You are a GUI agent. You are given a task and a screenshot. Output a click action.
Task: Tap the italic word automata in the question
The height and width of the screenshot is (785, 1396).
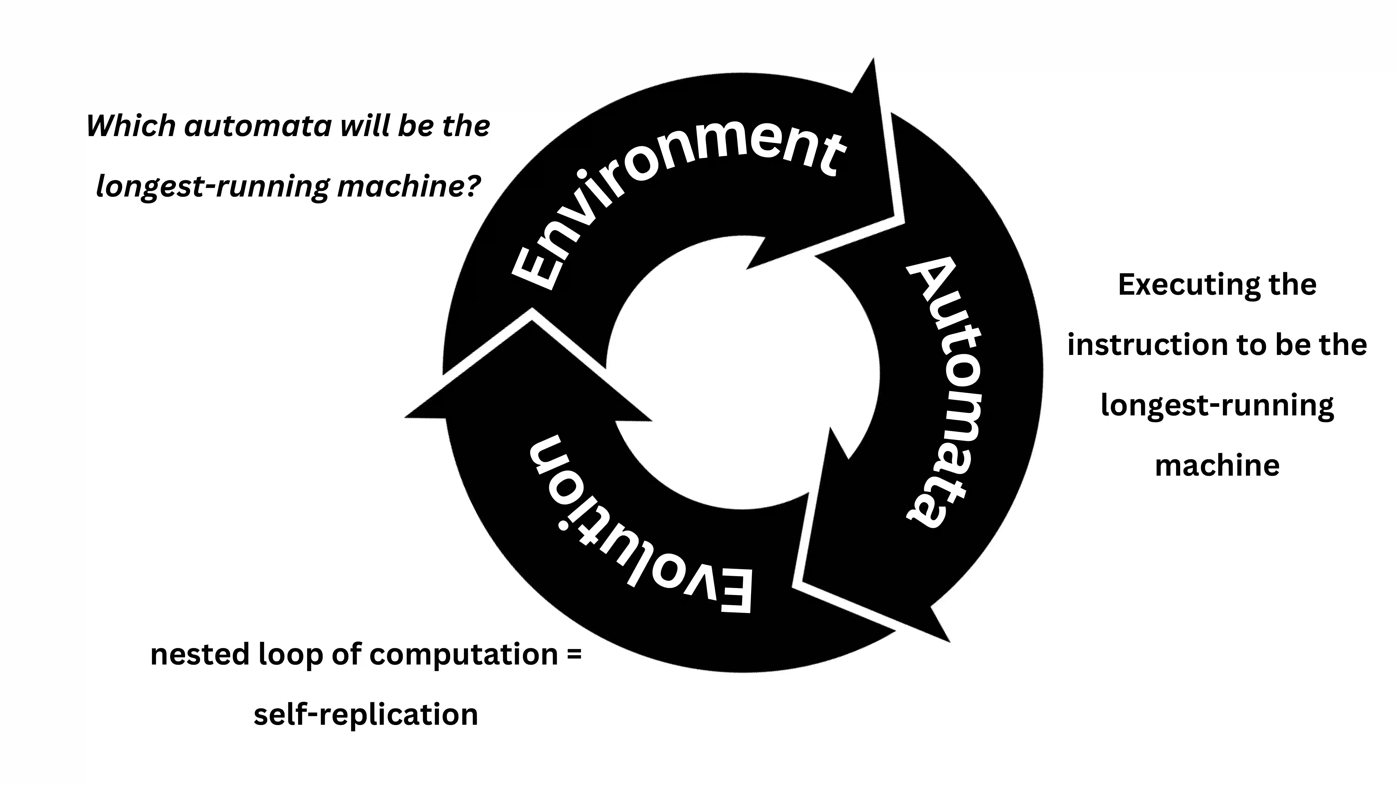(x=257, y=126)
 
